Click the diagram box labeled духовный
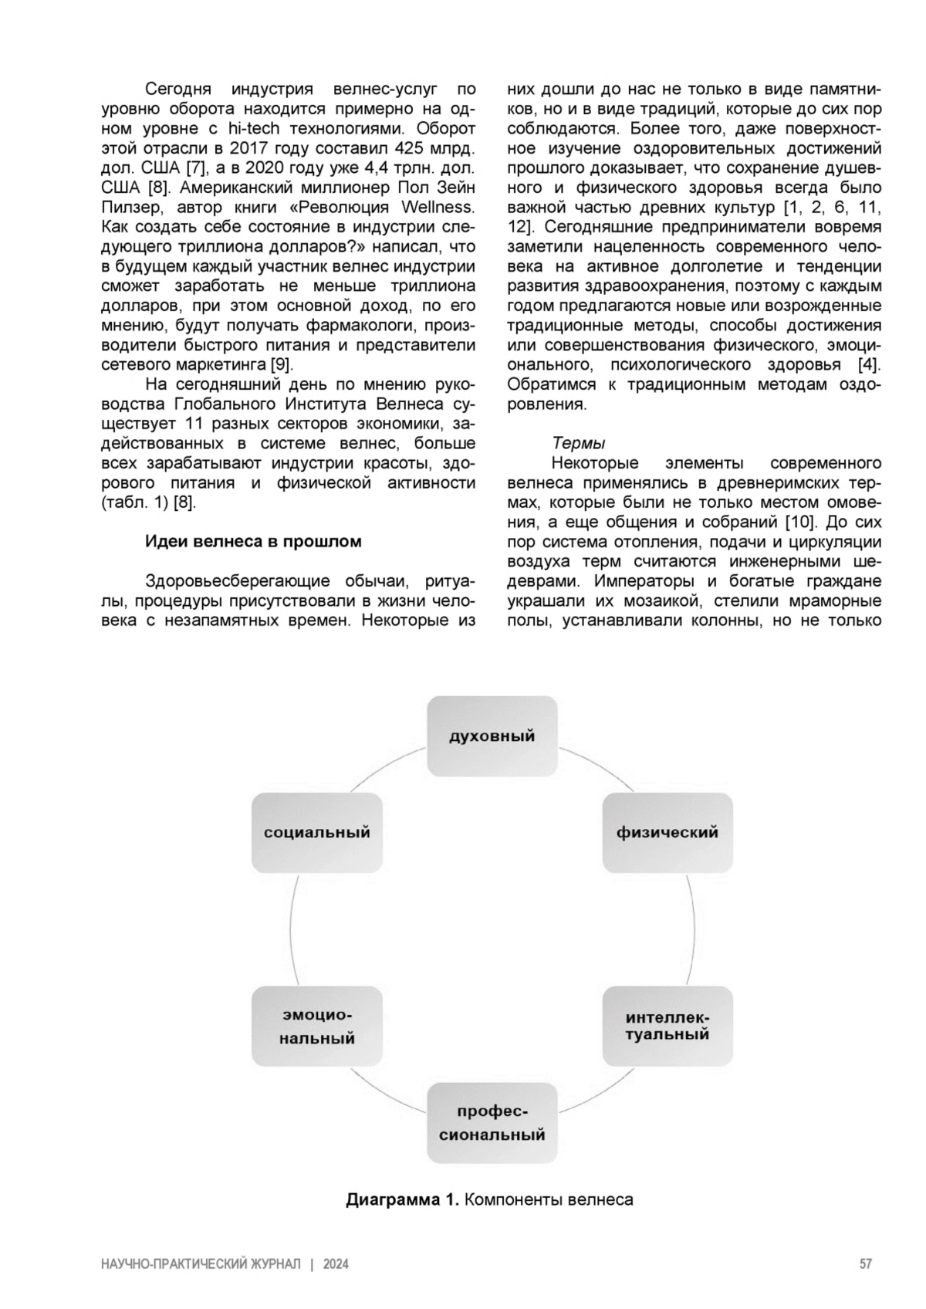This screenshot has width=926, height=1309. point(492,736)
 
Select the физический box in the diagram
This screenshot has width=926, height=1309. point(667,833)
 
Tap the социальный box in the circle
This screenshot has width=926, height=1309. point(317,833)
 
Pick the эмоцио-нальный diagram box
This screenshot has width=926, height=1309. point(317,1027)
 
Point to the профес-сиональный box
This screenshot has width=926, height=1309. point(492,1123)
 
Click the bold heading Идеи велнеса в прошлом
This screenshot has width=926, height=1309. point(253,541)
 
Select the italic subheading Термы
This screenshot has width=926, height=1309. point(578,443)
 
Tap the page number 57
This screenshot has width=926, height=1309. point(866,1264)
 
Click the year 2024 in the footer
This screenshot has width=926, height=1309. point(336,1264)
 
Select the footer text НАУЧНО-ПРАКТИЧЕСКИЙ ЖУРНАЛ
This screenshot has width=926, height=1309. point(201,1264)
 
